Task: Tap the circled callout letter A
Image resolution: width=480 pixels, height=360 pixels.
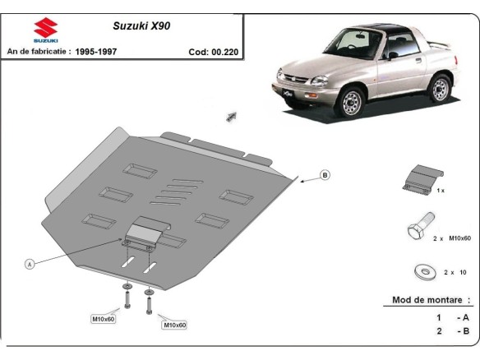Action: click(x=30, y=264)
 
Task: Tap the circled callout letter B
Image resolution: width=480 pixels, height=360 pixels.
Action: click(x=325, y=175)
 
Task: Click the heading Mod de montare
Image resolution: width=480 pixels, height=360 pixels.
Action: click(x=432, y=301)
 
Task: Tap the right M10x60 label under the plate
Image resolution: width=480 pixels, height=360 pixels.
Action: click(x=175, y=325)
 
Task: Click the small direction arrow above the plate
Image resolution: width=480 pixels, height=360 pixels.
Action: click(x=232, y=116)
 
